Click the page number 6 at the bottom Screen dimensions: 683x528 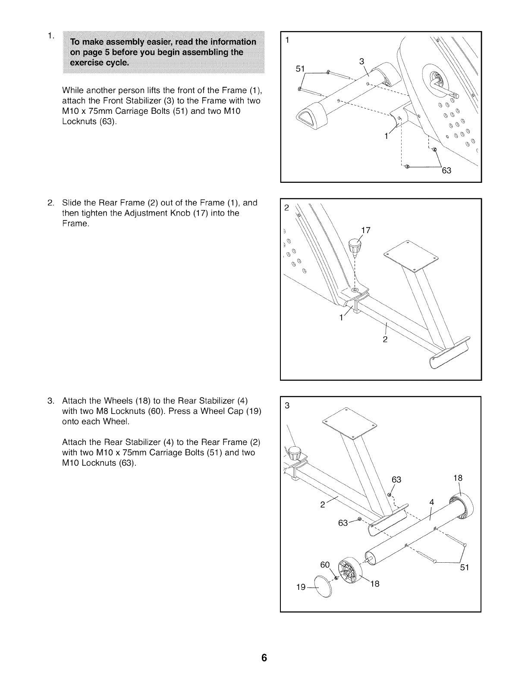click(x=264, y=658)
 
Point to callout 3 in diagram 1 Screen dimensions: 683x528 click(x=361, y=61)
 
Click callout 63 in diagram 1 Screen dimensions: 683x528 click(x=446, y=171)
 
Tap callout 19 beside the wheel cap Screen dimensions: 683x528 click(x=301, y=587)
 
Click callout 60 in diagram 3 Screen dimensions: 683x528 click(x=325, y=565)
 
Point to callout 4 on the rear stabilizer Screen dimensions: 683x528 click(x=432, y=502)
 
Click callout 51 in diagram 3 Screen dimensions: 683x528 click(x=464, y=567)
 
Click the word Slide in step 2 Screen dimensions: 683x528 click(x=71, y=203)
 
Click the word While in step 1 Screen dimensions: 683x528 click(x=73, y=91)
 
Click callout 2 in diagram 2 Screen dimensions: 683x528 click(x=385, y=339)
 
